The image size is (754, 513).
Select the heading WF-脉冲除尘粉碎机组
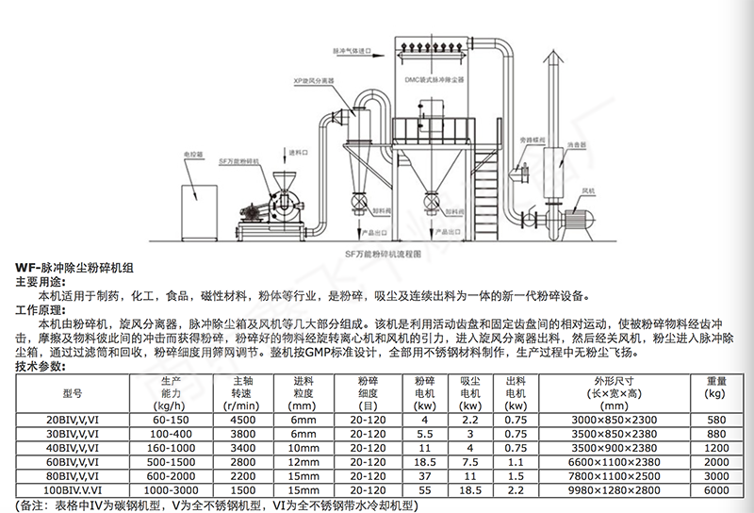68,268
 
